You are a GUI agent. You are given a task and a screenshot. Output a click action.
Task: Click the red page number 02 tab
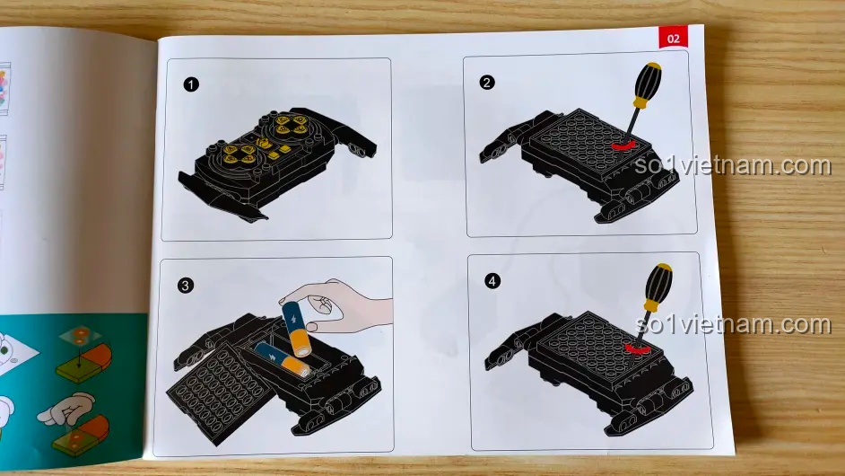coord(673,38)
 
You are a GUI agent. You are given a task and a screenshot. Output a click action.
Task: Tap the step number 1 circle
coord(191,84)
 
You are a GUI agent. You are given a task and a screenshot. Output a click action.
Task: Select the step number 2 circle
coord(486,83)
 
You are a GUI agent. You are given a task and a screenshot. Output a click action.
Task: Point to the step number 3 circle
coord(186,286)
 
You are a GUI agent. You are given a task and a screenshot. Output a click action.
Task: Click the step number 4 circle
coord(492,280)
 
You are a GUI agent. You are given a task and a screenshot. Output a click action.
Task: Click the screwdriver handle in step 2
coord(647,84)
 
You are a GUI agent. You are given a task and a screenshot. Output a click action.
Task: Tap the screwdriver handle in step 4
coord(658,286)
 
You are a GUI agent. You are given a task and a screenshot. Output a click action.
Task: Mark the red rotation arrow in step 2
coord(623,145)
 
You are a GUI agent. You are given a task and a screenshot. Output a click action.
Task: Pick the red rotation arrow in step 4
coord(637,348)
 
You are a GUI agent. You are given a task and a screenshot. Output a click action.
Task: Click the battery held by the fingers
coord(296,330)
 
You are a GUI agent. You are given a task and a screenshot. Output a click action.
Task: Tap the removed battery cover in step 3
coord(222,392)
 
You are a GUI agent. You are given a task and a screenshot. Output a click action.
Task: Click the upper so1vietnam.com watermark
coord(732,165)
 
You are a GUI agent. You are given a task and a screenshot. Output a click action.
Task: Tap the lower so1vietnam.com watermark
coord(733,324)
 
